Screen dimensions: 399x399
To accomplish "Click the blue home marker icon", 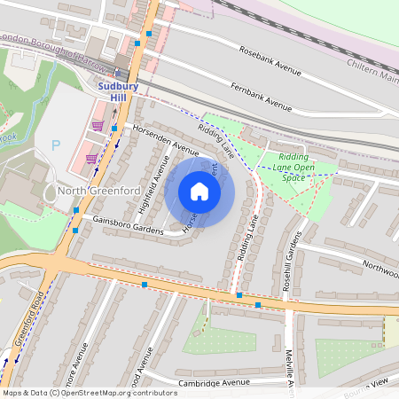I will (199, 192).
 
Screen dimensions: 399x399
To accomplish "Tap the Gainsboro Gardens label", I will (134, 231).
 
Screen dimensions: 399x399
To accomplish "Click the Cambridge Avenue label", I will (212, 382).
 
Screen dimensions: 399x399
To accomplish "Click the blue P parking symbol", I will (57, 144).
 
